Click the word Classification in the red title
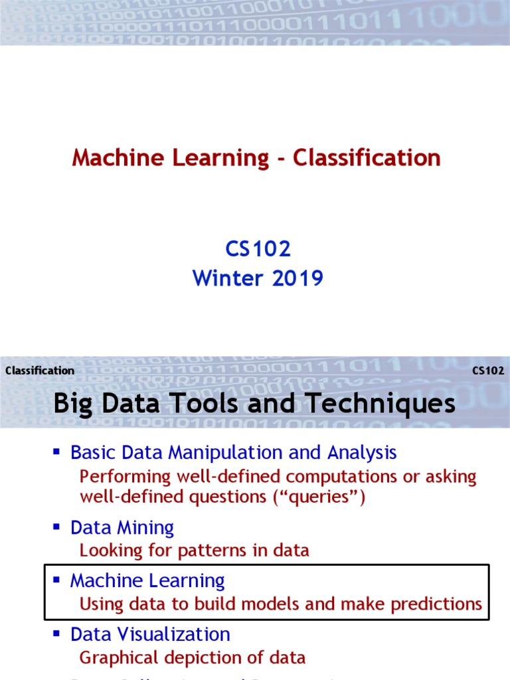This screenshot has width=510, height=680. click(367, 158)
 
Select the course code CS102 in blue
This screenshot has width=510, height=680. click(258, 249)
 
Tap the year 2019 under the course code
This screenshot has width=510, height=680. click(297, 278)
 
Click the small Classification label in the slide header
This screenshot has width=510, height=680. click(40, 371)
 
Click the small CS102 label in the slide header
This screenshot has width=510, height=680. click(488, 371)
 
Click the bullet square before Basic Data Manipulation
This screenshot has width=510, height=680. click(57, 452)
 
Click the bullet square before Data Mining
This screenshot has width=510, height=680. click(57, 527)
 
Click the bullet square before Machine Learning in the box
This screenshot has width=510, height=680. click(57, 580)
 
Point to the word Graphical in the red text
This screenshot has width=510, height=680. click(113, 657)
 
